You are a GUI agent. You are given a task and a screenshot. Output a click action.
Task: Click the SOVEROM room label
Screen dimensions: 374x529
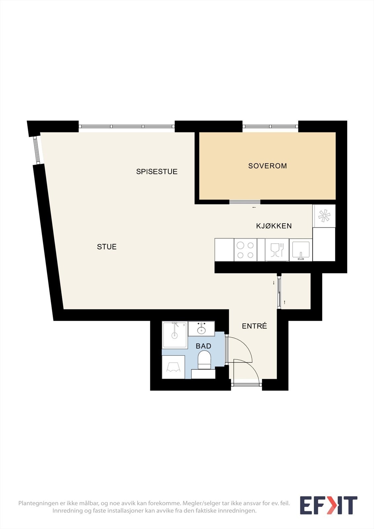pyautogui.click(x=268, y=166)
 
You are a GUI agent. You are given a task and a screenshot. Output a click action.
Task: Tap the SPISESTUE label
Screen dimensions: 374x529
pyautogui.click(x=157, y=172)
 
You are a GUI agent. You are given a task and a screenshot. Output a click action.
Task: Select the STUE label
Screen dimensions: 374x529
pyautogui.click(x=107, y=247)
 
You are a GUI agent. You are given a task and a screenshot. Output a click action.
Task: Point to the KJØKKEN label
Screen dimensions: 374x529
pyautogui.click(x=274, y=226)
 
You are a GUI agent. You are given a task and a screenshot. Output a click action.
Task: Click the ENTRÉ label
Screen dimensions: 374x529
pyautogui.click(x=254, y=326)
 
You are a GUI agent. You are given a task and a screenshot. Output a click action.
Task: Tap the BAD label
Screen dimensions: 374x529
pyautogui.click(x=203, y=346)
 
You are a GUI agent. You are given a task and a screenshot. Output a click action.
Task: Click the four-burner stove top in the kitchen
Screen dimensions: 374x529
pyautogui.click(x=245, y=250)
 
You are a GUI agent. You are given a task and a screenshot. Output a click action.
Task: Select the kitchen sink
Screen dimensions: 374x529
pyautogui.click(x=301, y=250)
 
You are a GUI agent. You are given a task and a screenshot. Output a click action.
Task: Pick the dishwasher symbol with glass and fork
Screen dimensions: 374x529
pyautogui.click(x=277, y=250)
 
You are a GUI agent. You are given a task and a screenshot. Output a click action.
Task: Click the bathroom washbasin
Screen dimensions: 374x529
pyautogui.click(x=201, y=329)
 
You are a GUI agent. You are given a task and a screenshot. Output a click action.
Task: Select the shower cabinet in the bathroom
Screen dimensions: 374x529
pyautogui.click(x=175, y=335)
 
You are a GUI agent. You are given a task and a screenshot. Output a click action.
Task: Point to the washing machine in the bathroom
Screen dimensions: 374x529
pyautogui.click(x=173, y=367)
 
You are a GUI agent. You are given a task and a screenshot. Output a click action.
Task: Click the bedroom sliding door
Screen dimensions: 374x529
pyautogui.click(x=245, y=202)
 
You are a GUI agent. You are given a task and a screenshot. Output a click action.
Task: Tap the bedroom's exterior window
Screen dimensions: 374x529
pyautogui.click(x=270, y=126)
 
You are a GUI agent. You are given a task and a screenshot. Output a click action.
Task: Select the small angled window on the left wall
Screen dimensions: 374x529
pyautogui.click(x=37, y=150)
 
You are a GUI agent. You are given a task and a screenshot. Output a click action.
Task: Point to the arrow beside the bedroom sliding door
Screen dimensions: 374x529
pyautogui.click(x=254, y=207)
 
